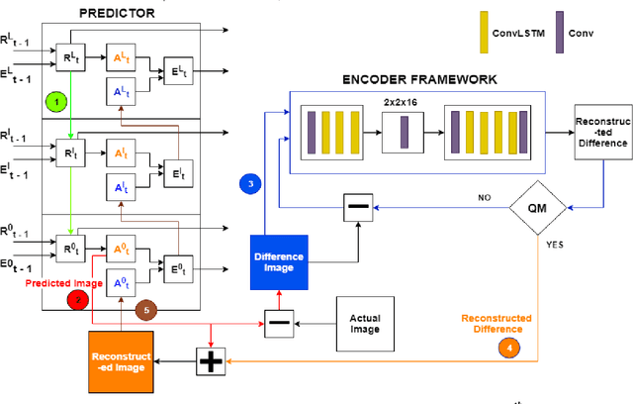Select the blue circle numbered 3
click(x=251, y=156)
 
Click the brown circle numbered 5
click(x=146, y=309)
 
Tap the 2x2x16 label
click(x=400, y=102)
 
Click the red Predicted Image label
click(x=62, y=283)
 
